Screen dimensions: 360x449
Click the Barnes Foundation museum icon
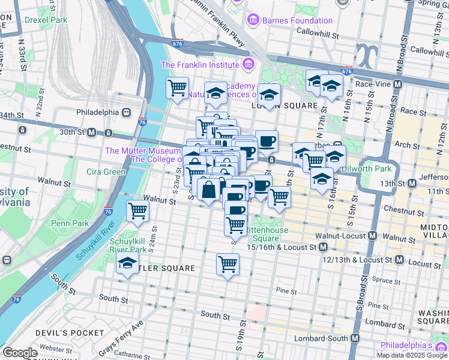(253, 20)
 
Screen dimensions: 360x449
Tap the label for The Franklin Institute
(200, 65)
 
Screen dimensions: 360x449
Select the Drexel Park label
(46, 19)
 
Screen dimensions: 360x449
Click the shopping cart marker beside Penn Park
(138, 211)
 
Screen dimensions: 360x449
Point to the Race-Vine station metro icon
(396, 84)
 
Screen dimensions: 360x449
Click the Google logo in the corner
(19, 353)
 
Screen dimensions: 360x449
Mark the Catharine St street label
(132, 354)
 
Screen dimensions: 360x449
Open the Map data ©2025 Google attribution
(411, 355)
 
